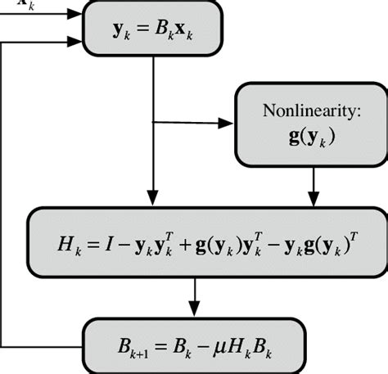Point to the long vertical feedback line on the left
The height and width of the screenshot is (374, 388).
click(x=5, y=188)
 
